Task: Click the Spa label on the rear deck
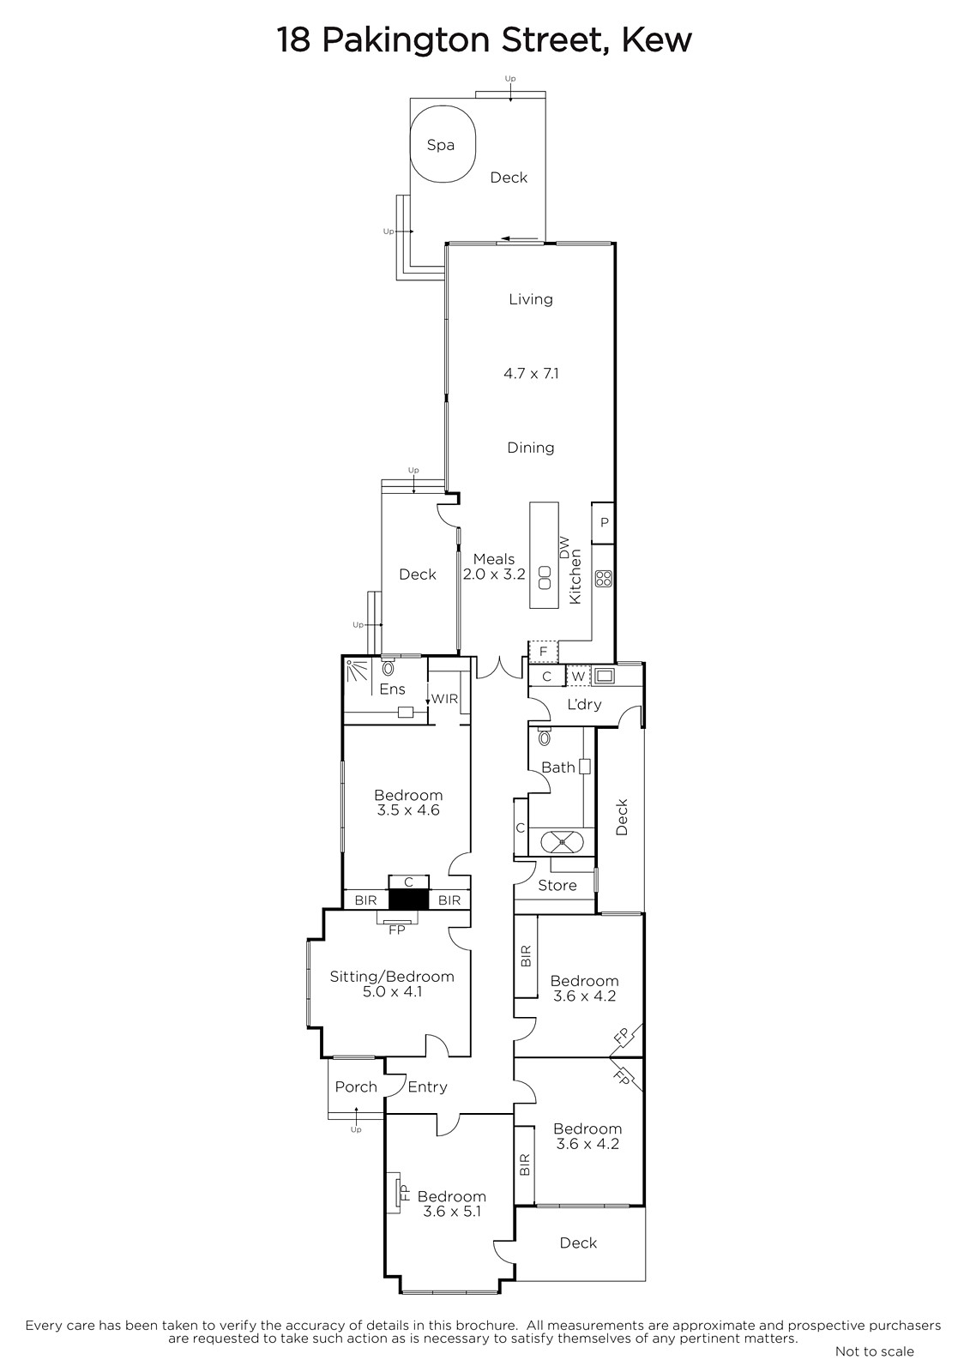click(x=441, y=145)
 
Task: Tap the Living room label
click(x=531, y=299)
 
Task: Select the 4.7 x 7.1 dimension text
click(x=531, y=373)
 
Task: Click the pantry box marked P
click(x=604, y=522)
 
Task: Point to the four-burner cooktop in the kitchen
click(x=604, y=579)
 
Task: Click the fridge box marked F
click(x=543, y=652)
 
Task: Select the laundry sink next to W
click(x=604, y=676)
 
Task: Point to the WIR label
click(x=444, y=699)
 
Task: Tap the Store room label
click(x=557, y=885)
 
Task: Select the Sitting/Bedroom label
click(x=392, y=977)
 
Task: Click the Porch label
click(x=356, y=1086)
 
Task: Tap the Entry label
click(x=427, y=1086)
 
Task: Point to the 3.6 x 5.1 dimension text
click(x=451, y=1211)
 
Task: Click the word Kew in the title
click(x=657, y=40)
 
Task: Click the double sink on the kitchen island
click(x=544, y=578)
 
